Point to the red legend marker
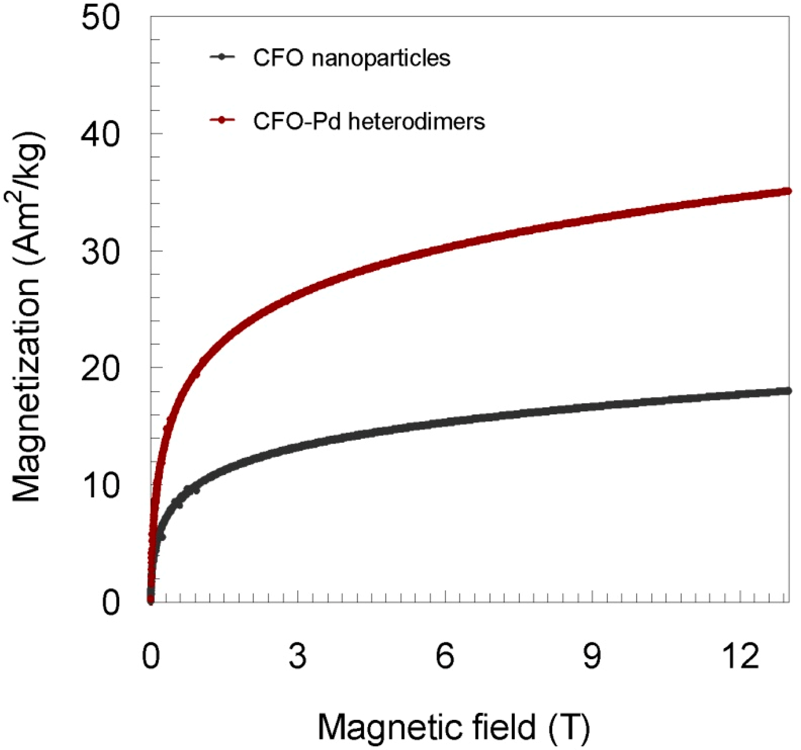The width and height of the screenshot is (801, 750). click(x=222, y=120)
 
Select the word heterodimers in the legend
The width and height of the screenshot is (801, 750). click(x=417, y=121)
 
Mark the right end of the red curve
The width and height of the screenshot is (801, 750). click(x=788, y=191)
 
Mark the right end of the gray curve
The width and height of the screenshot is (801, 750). click(x=788, y=391)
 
